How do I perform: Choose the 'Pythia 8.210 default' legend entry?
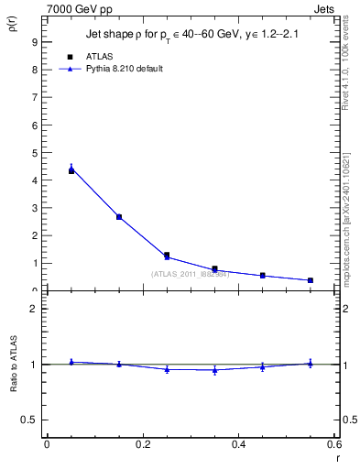click(x=117, y=69)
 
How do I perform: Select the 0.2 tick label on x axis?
click(x=142, y=444)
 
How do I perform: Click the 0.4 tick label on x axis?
click(x=239, y=444)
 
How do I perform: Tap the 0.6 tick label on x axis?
click(x=334, y=444)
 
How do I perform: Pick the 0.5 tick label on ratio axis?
click(x=29, y=420)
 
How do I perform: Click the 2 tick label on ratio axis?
click(x=33, y=309)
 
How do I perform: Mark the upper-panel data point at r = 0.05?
click(x=71, y=169)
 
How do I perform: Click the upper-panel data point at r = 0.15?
click(x=119, y=217)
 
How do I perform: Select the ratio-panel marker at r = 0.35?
click(x=215, y=370)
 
